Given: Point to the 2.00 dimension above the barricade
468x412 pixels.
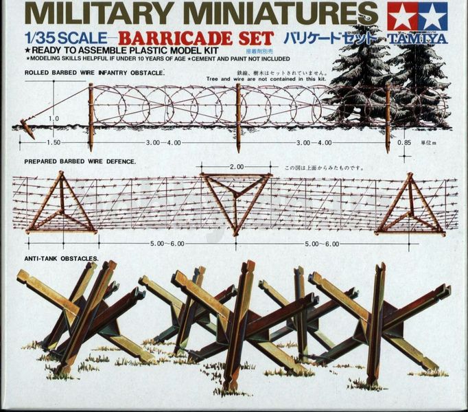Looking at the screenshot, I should point(237,167).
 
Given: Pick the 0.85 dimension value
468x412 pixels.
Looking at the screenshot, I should point(404,143).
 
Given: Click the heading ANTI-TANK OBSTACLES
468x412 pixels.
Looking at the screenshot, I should point(62,259).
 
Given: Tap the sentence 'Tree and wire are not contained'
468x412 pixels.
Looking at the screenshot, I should point(261,79).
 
